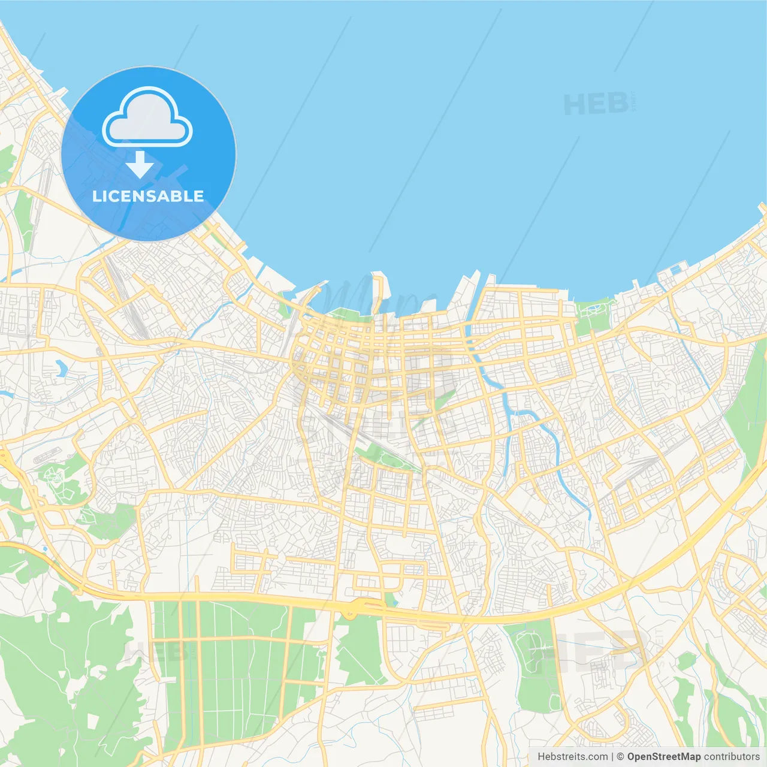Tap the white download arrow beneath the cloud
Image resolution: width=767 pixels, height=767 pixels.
(x=140, y=165)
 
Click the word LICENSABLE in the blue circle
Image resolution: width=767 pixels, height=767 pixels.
(x=148, y=197)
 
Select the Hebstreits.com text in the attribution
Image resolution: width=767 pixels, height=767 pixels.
(x=572, y=757)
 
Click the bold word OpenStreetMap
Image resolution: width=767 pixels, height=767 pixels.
(x=664, y=757)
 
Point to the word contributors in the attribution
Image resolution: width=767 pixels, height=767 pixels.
(x=732, y=757)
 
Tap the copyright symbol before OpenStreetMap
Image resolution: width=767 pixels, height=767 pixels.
(x=620, y=757)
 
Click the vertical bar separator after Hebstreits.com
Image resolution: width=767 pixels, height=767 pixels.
(x=612, y=757)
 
